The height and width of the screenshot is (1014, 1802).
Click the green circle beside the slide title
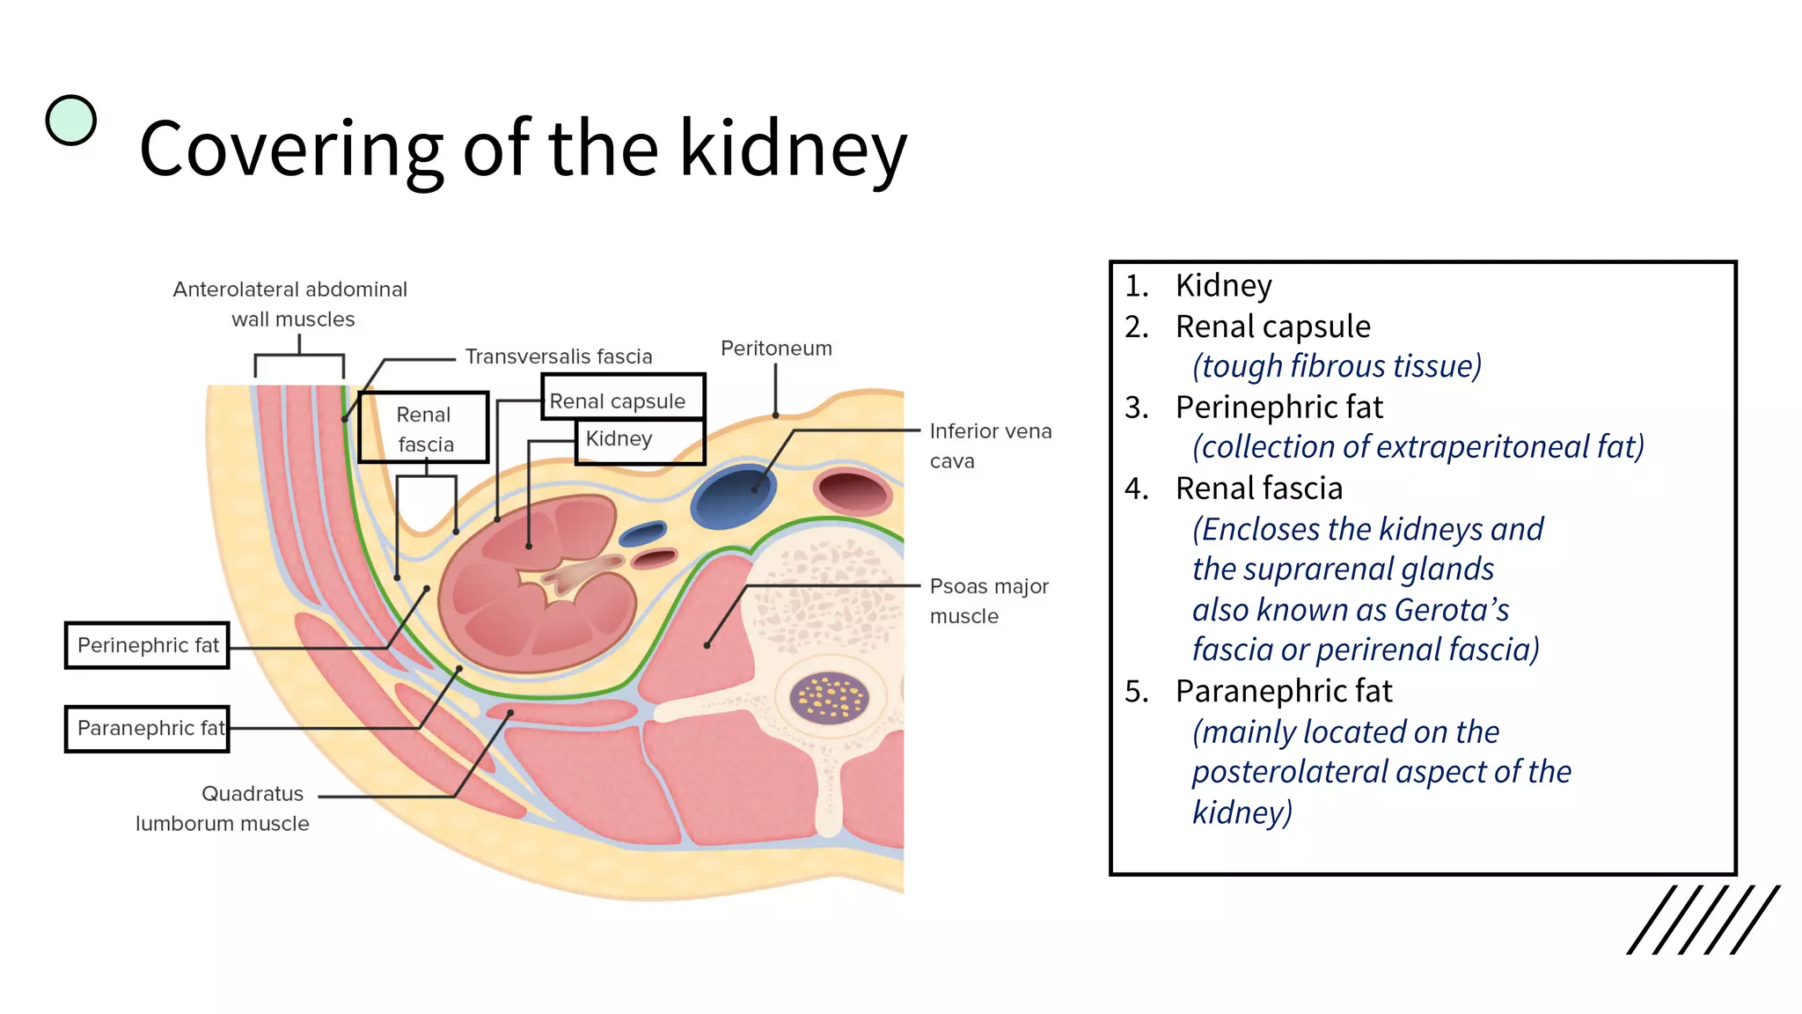tap(70, 120)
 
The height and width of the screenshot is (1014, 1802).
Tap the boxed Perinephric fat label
tap(147, 645)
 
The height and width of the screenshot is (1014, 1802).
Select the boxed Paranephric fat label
tap(147, 728)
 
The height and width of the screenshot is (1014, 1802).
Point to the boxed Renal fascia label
tap(423, 428)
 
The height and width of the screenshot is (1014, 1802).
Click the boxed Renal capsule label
tap(621, 399)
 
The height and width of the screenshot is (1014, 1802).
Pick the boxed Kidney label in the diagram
tap(639, 440)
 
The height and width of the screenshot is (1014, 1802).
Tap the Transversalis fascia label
tap(558, 356)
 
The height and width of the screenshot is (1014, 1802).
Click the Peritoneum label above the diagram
tap(775, 349)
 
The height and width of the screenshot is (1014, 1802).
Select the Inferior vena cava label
tap(989, 445)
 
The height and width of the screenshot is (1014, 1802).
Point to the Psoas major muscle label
tap(987, 600)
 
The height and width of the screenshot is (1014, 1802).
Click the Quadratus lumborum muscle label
tap(224, 808)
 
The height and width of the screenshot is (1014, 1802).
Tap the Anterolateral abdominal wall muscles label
tap(290, 304)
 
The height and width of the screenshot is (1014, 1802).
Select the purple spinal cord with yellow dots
tap(829, 698)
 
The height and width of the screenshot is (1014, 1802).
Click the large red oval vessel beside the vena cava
tap(851, 491)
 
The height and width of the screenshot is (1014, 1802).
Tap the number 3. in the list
tap(1137, 408)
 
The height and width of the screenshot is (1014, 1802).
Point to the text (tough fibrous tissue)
tap(1336, 366)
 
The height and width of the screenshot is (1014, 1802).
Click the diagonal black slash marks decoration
tap(1702, 920)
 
